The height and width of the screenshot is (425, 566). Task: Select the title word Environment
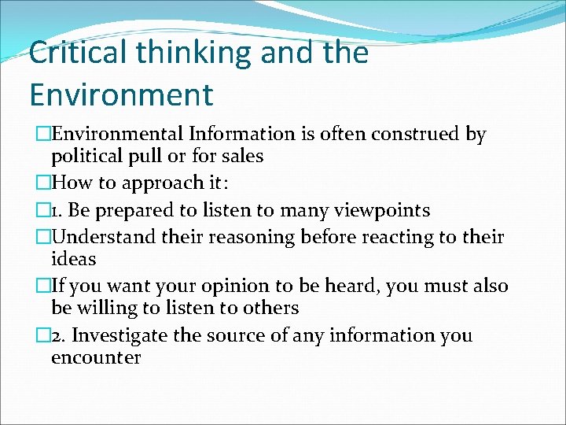click(x=121, y=94)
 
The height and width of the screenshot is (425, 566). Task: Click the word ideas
click(x=73, y=259)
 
